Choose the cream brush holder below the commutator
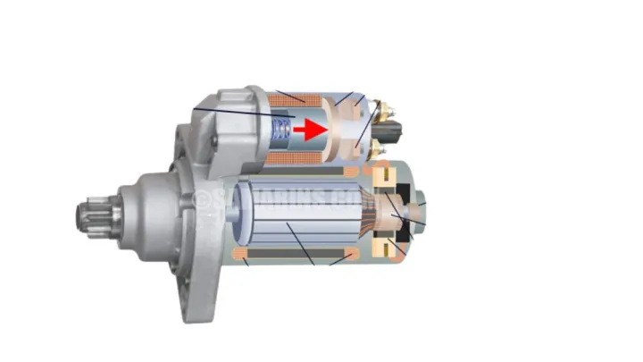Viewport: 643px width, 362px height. [x=390, y=245]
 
